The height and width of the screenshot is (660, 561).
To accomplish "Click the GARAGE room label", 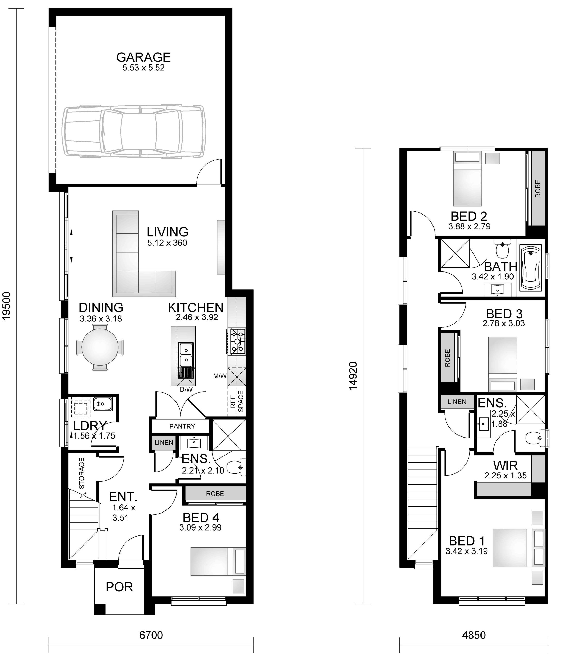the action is pos(143,57).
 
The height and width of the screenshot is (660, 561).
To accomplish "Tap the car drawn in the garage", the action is pos(134,131).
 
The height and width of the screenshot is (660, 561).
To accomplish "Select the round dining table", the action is pos(100,347).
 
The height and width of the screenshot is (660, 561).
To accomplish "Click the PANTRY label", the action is pos(182,426).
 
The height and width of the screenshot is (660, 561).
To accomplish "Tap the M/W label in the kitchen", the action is pos(220,376).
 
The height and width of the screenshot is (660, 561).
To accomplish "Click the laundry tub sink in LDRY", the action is pos(102,403).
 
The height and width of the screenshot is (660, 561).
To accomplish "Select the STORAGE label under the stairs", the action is pos(82,473).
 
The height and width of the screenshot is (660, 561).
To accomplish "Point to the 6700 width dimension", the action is pos(151,635).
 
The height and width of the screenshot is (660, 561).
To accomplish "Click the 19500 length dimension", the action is pos(7,306).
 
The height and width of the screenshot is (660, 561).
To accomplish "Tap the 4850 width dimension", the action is pos(474,635).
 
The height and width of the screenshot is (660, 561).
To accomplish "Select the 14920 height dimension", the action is pos(353,376).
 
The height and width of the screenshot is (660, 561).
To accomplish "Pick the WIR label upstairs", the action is pos(505,466).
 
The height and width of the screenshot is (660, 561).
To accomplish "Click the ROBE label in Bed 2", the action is pos(538,189).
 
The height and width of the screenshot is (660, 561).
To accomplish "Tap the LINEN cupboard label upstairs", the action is pos(457,402).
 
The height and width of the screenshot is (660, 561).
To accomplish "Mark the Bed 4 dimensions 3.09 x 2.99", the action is pos(200,527).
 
